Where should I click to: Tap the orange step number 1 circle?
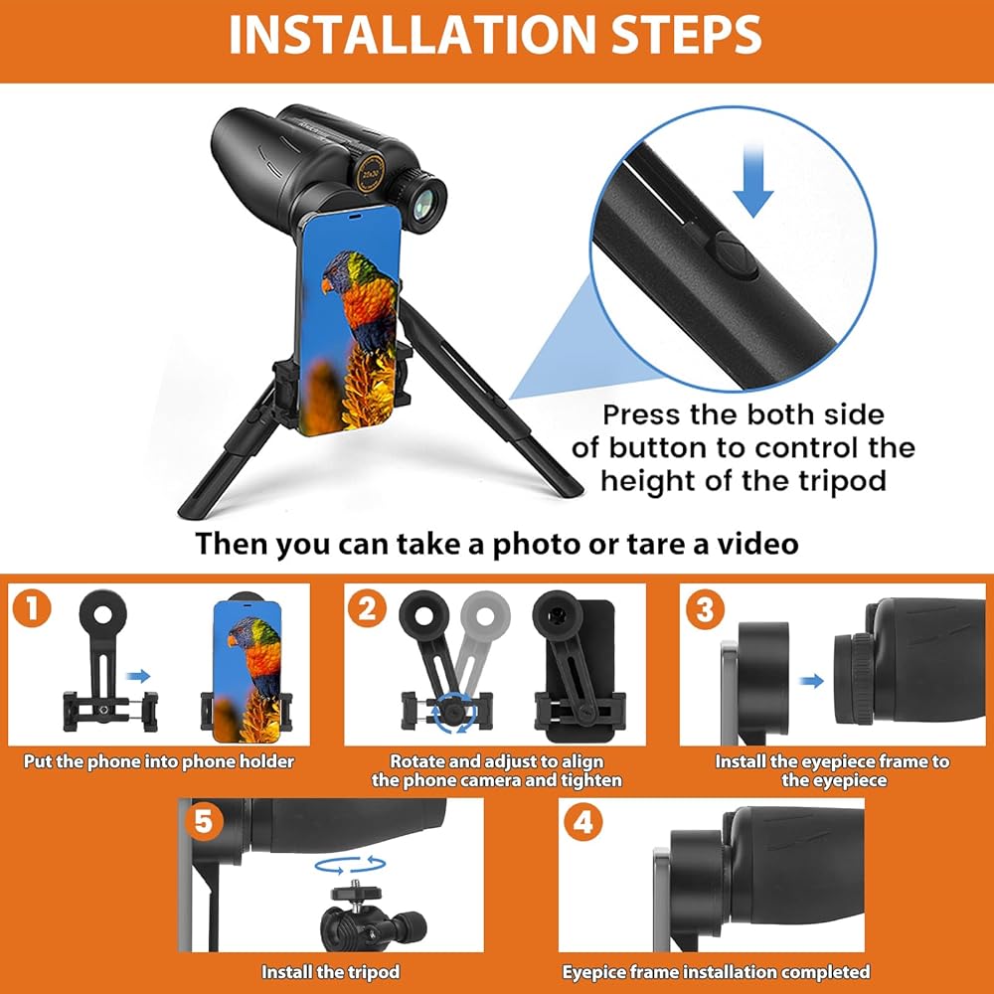click(x=32, y=609)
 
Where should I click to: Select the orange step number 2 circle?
click(x=367, y=609)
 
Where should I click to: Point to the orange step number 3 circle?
click(x=705, y=610)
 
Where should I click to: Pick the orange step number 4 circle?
click(x=583, y=822)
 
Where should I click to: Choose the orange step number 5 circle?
click(x=204, y=822)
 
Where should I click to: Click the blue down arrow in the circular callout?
click(x=753, y=181)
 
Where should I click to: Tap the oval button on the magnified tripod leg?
click(x=737, y=254)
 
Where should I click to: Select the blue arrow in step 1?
click(x=138, y=676)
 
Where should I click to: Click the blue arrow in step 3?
click(x=811, y=681)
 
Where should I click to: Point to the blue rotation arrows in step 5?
click(x=351, y=865)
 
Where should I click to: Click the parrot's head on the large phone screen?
click(x=342, y=271)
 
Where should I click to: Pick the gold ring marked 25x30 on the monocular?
click(x=371, y=172)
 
